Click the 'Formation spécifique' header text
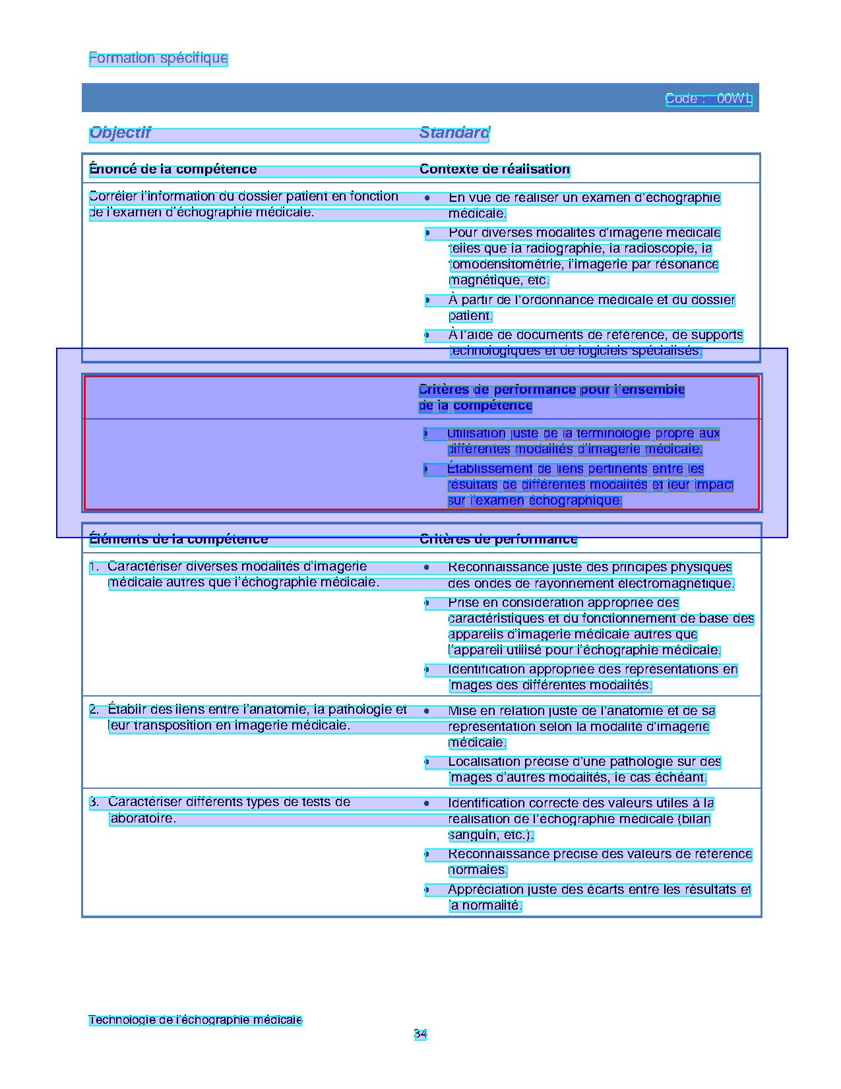coord(158,58)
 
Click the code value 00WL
coord(733,99)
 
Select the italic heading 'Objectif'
coord(120,133)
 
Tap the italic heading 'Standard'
coord(454,133)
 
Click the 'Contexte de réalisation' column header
coord(494,170)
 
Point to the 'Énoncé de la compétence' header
coord(173,170)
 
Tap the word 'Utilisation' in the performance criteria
coord(476,434)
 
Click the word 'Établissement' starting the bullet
coord(490,469)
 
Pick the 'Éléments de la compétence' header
coord(179,540)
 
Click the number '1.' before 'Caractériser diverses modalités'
coord(95,567)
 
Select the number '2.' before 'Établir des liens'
coord(95,710)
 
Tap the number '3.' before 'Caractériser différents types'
coord(95,802)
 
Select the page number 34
coord(420,1034)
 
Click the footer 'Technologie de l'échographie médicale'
coord(195,1020)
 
